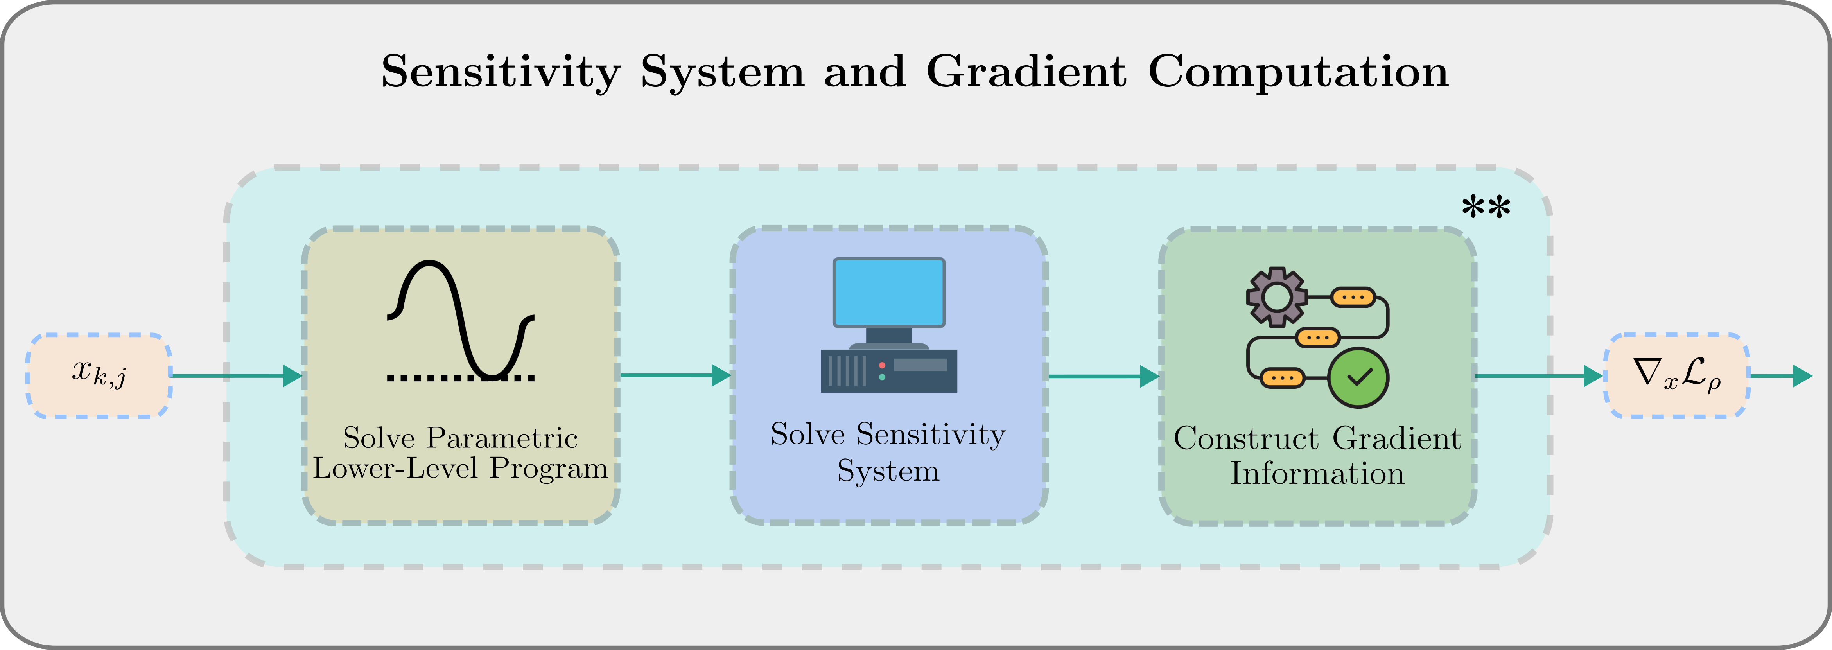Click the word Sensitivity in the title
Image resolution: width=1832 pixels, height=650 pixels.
[x=501, y=72]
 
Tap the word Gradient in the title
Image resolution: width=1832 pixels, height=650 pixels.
[x=1026, y=72]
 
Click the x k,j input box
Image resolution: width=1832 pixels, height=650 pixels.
[x=99, y=375]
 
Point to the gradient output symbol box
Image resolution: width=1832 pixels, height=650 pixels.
[x=1676, y=375]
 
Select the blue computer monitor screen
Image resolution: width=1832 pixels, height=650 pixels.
[x=888, y=292]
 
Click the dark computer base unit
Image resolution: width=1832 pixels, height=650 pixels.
[x=888, y=370]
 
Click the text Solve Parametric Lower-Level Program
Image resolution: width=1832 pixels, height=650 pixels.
[x=460, y=453]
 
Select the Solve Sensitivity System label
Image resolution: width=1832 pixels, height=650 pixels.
[x=888, y=452]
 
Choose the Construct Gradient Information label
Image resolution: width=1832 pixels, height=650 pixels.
[x=1317, y=455]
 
